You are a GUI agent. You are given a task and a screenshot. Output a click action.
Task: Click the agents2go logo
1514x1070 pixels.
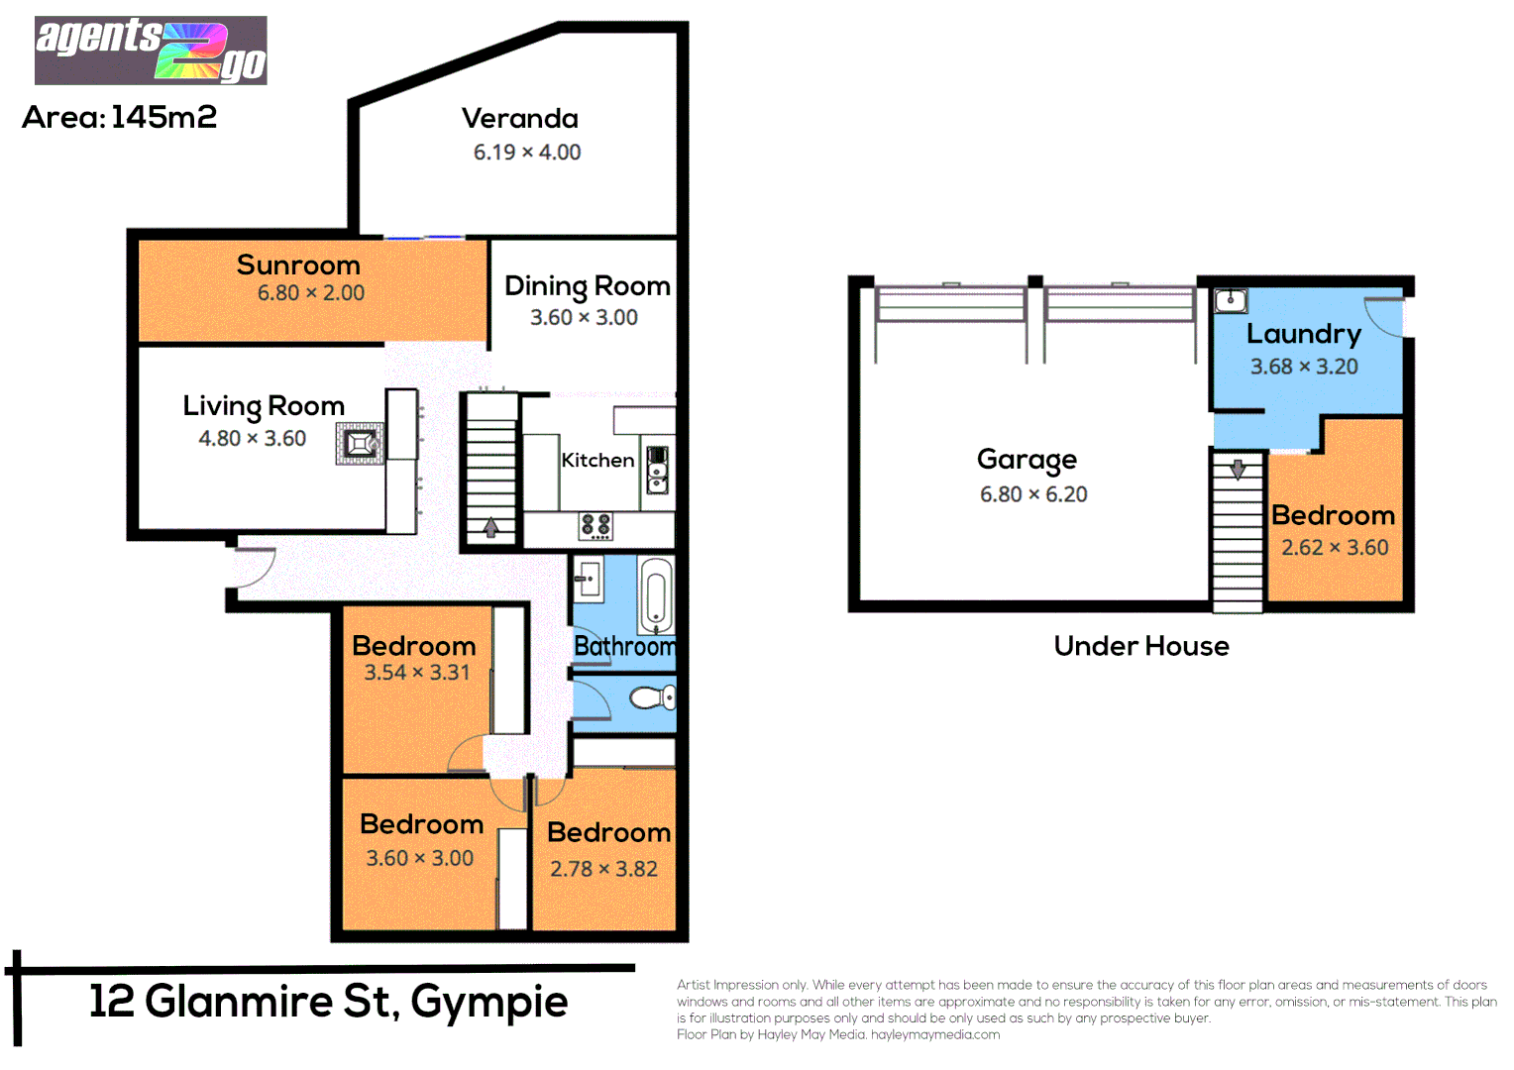[151, 50]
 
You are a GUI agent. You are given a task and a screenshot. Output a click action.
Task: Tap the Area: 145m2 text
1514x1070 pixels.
[119, 117]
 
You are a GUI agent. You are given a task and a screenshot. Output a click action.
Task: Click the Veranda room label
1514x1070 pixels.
[519, 119]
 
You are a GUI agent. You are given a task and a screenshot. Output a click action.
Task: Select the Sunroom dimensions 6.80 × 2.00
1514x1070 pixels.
[310, 293]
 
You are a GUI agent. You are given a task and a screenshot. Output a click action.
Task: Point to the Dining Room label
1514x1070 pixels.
[587, 286]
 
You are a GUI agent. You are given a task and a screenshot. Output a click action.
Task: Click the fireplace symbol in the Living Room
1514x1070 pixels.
[359, 444]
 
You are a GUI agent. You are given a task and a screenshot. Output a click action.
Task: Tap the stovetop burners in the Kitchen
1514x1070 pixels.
[595, 526]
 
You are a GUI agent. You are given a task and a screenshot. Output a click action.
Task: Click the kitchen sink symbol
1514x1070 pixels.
[657, 470]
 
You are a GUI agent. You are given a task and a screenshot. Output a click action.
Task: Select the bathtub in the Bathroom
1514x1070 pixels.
[655, 594]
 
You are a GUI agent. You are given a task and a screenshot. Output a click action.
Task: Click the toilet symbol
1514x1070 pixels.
[651, 698]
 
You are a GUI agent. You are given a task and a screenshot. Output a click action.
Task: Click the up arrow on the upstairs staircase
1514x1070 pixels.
[490, 528]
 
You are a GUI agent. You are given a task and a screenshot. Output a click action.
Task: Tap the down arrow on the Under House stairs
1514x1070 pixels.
[1238, 469]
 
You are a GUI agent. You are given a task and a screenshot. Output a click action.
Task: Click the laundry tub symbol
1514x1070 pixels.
[1231, 300]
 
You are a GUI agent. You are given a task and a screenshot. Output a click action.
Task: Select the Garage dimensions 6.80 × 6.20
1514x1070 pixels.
[1032, 494]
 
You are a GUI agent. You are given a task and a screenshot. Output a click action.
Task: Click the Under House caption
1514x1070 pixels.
[1140, 647]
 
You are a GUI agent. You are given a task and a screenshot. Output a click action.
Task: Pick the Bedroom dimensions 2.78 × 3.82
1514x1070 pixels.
[603, 869]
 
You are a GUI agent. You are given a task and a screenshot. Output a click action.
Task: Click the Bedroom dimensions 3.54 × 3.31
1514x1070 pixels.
[416, 673]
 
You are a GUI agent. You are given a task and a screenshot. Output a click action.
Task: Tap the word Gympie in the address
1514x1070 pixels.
[488, 1003]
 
